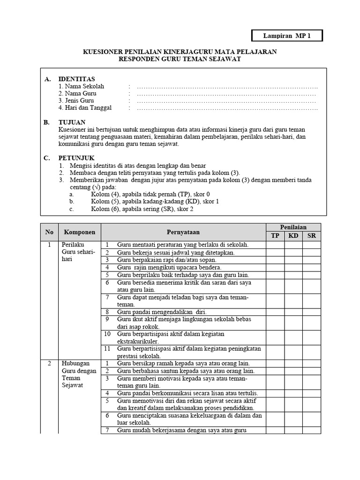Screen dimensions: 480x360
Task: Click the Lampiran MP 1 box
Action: tap(287, 36)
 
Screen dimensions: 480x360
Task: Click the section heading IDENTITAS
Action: tap(76, 79)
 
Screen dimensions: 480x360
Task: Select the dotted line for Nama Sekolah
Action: tap(227, 87)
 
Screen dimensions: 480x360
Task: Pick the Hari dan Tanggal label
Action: tap(85, 108)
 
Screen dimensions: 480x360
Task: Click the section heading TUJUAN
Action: tap(72, 122)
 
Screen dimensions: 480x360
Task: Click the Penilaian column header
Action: tap(293, 227)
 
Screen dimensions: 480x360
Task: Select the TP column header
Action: tap(275, 236)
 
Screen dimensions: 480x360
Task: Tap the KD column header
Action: tap(293, 236)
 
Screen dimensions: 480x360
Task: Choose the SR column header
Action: tap(312, 236)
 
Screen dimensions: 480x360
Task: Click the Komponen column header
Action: tap(80, 232)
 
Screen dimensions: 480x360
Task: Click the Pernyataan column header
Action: tap(183, 232)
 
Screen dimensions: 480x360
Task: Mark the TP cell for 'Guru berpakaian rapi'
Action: tap(275, 260)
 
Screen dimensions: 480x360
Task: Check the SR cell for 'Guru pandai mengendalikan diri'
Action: tap(312, 312)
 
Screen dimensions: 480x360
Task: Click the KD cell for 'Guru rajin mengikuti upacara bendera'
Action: tap(293, 268)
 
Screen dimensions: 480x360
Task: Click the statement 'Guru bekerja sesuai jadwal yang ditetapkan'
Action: tap(176, 252)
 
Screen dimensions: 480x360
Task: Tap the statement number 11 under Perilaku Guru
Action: tap(107, 349)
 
